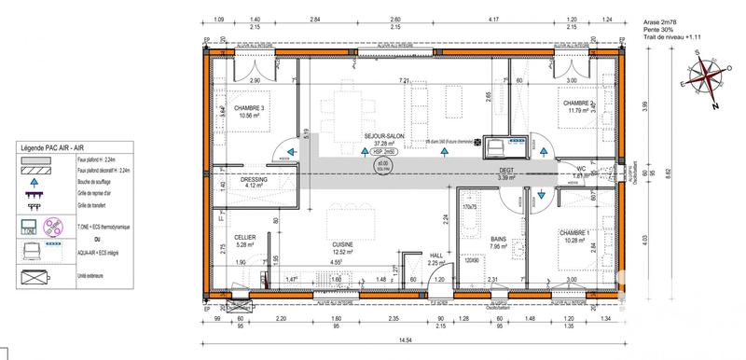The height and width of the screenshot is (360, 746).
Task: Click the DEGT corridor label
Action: [x=506, y=171]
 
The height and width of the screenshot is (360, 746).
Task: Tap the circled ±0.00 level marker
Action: [x=381, y=164]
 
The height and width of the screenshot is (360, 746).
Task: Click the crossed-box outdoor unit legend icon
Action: [x=35, y=277]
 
